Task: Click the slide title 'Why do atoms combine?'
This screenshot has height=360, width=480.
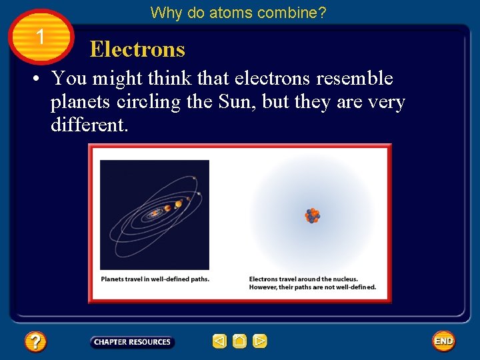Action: click(x=238, y=13)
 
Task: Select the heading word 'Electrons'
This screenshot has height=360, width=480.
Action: click(x=137, y=49)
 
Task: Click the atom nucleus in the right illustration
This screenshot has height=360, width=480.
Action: click(x=312, y=215)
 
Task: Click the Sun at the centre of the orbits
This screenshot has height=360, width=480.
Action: click(x=154, y=213)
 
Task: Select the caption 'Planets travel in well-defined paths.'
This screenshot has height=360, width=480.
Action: click(x=155, y=279)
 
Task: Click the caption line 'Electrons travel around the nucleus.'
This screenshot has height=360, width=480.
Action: click(x=303, y=279)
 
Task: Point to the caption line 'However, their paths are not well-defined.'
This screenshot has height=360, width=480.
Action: click(x=313, y=287)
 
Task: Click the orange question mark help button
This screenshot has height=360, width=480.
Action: click(x=35, y=342)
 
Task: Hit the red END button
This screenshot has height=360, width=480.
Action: click(x=443, y=341)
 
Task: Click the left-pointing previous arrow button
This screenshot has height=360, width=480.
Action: click(x=219, y=342)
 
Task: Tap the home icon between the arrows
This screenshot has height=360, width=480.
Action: click(x=239, y=342)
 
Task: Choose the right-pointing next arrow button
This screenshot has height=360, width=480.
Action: click(x=260, y=342)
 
